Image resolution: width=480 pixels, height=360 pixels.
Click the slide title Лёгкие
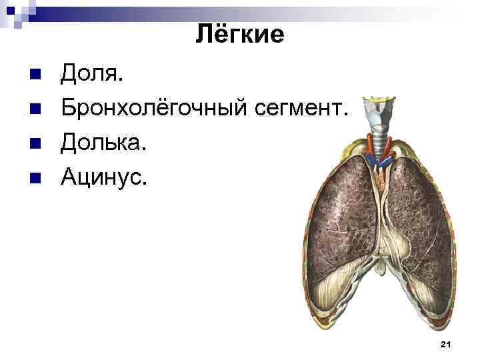coord(240,34)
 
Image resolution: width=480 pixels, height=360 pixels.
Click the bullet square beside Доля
coord(36,73)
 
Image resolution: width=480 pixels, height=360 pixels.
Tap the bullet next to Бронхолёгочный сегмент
coord(36,108)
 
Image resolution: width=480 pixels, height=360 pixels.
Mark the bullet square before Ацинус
coord(36,177)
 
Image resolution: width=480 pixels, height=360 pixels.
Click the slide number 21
coord(446,344)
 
